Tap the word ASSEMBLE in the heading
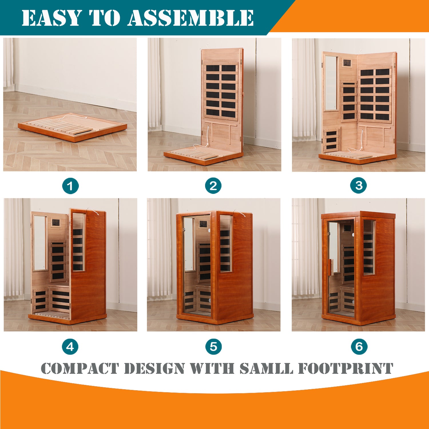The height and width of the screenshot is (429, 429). pos(190,18)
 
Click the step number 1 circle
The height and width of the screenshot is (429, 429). pos(70,186)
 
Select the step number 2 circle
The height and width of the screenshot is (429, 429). pos(213,186)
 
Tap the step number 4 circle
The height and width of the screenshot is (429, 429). pos(70,347)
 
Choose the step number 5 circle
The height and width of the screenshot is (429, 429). pos(214,347)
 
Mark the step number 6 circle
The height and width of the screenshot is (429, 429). pos(359,347)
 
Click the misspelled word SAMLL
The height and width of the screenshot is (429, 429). pos(266,368)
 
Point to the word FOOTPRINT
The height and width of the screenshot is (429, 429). pos(346,368)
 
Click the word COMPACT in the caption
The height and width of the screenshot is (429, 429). pos(79,368)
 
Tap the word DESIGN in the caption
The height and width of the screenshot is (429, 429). pos(154,368)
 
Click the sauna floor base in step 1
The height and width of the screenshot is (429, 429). pos(72,127)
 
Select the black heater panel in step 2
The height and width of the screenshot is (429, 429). pos(221,90)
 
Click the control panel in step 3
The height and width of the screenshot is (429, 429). pos(347,63)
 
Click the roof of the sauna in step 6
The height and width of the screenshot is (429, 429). pos(358,215)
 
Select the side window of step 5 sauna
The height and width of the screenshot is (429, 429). pos(226,243)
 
